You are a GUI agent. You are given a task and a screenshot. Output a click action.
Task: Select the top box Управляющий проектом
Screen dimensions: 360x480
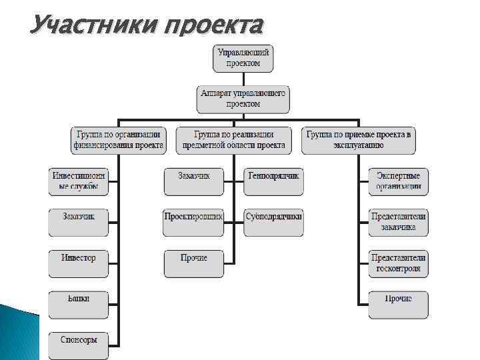(x=244, y=58)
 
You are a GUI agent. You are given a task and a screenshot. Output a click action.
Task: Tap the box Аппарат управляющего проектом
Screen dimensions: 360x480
(x=243, y=99)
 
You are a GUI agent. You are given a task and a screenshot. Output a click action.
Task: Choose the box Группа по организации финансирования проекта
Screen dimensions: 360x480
(x=118, y=139)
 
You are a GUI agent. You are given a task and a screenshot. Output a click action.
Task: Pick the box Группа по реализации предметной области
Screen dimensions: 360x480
(x=233, y=139)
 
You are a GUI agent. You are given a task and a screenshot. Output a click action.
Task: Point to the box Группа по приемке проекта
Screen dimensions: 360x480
(x=359, y=139)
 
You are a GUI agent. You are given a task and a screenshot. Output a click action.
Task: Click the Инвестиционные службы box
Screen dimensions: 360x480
(x=79, y=181)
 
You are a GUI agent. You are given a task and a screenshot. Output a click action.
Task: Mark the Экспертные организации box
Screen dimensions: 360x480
(x=399, y=181)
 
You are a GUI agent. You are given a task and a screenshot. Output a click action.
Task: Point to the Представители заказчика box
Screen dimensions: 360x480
(x=399, y=222)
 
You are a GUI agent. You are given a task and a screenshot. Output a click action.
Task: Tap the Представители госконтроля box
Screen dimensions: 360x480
(x=399, y=263)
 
